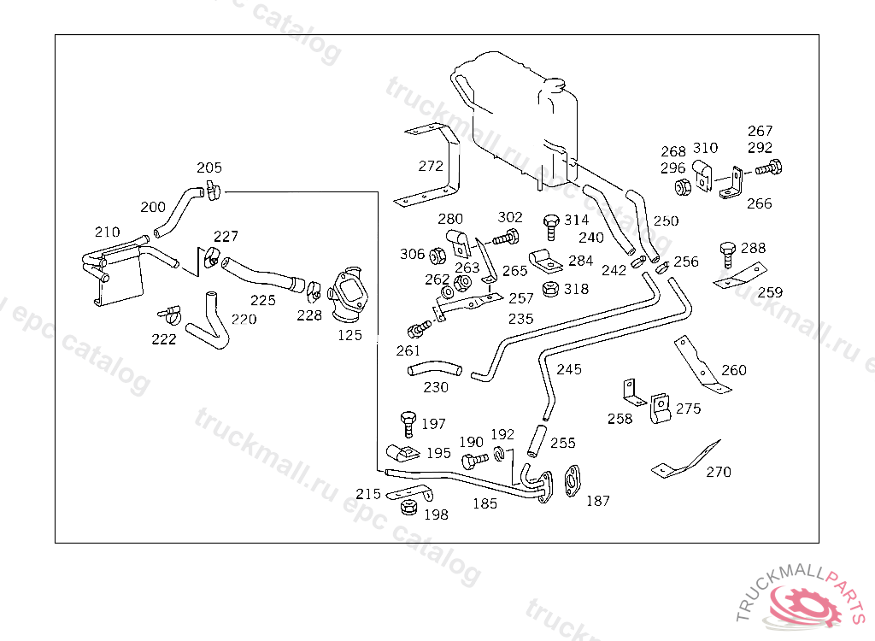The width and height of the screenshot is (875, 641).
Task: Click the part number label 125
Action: click(x=349, y=335)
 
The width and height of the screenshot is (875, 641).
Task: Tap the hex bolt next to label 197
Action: click(x=408, y=424)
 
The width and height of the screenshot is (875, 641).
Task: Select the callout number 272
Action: click(x=431, y=166)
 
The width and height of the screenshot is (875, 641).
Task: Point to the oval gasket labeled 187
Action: click(x=572, y=480)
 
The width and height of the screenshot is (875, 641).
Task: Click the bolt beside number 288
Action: click(x=728, y=255)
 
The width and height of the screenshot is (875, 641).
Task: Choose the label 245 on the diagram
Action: click(x=568, y=369)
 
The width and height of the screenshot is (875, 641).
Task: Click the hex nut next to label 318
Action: click(x=551, y=289)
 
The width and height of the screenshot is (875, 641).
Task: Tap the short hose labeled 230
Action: click(x=435, y=369)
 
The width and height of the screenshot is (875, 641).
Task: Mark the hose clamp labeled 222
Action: click(x=169, y=315)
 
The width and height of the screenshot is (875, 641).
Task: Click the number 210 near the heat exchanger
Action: click(x=107, y=232)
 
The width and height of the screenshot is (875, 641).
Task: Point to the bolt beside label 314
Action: click(x=551, y=226)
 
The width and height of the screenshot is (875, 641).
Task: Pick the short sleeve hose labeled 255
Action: click(x=537, y=441)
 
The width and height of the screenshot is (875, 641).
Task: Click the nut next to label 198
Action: click(x=409, y=507)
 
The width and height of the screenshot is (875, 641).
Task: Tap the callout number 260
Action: click(x=734, y=369)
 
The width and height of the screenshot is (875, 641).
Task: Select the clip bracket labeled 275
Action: click(x=661, y=409)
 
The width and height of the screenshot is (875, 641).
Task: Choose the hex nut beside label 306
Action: click(x=437, y=256)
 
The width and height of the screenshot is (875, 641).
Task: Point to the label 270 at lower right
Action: click(x=718, y=472)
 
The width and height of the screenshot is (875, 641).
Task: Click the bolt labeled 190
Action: click(x=475, y=461)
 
